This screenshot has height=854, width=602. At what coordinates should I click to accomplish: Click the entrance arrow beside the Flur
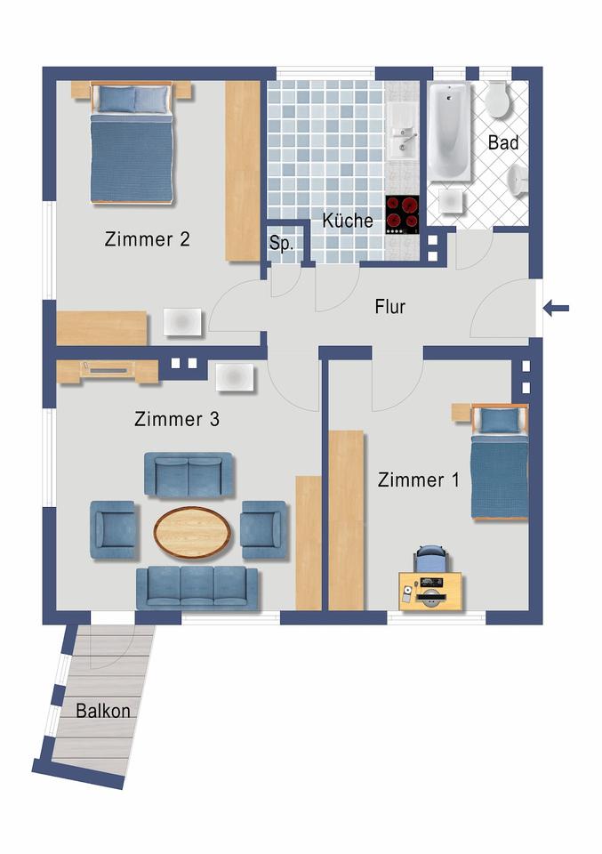coord(556,309)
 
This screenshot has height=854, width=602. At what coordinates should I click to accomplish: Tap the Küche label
coord(348,220)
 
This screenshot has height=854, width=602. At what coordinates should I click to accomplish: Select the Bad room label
coord(503,142)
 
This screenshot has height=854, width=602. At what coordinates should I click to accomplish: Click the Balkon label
coord(103,711)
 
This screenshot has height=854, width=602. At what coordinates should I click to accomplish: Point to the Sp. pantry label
coord(281,243)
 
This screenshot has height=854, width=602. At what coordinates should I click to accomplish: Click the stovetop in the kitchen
coord(402,215)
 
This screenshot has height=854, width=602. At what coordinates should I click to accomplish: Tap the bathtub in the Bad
coord(449,132)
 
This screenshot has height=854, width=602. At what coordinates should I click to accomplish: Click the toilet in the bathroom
coord(497,99)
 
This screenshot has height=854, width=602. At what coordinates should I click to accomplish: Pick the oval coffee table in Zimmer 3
coord(192,533)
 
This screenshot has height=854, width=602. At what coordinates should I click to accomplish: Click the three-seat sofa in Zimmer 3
coord(197,587)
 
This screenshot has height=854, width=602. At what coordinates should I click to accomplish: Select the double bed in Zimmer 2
coord(132,142)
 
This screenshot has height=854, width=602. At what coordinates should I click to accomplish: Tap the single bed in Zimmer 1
coord(499,462)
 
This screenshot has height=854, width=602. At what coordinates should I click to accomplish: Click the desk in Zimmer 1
coord(430,591)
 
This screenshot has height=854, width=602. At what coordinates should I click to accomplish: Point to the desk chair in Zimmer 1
coord(431,559)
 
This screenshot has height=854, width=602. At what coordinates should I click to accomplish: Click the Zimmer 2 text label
coord(147,239)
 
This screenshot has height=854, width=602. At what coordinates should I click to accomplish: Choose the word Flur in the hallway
coord(390,307)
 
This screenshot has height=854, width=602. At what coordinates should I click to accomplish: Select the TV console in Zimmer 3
coord(108,372)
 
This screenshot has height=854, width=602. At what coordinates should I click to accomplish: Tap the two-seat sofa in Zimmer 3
coord(189,475)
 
